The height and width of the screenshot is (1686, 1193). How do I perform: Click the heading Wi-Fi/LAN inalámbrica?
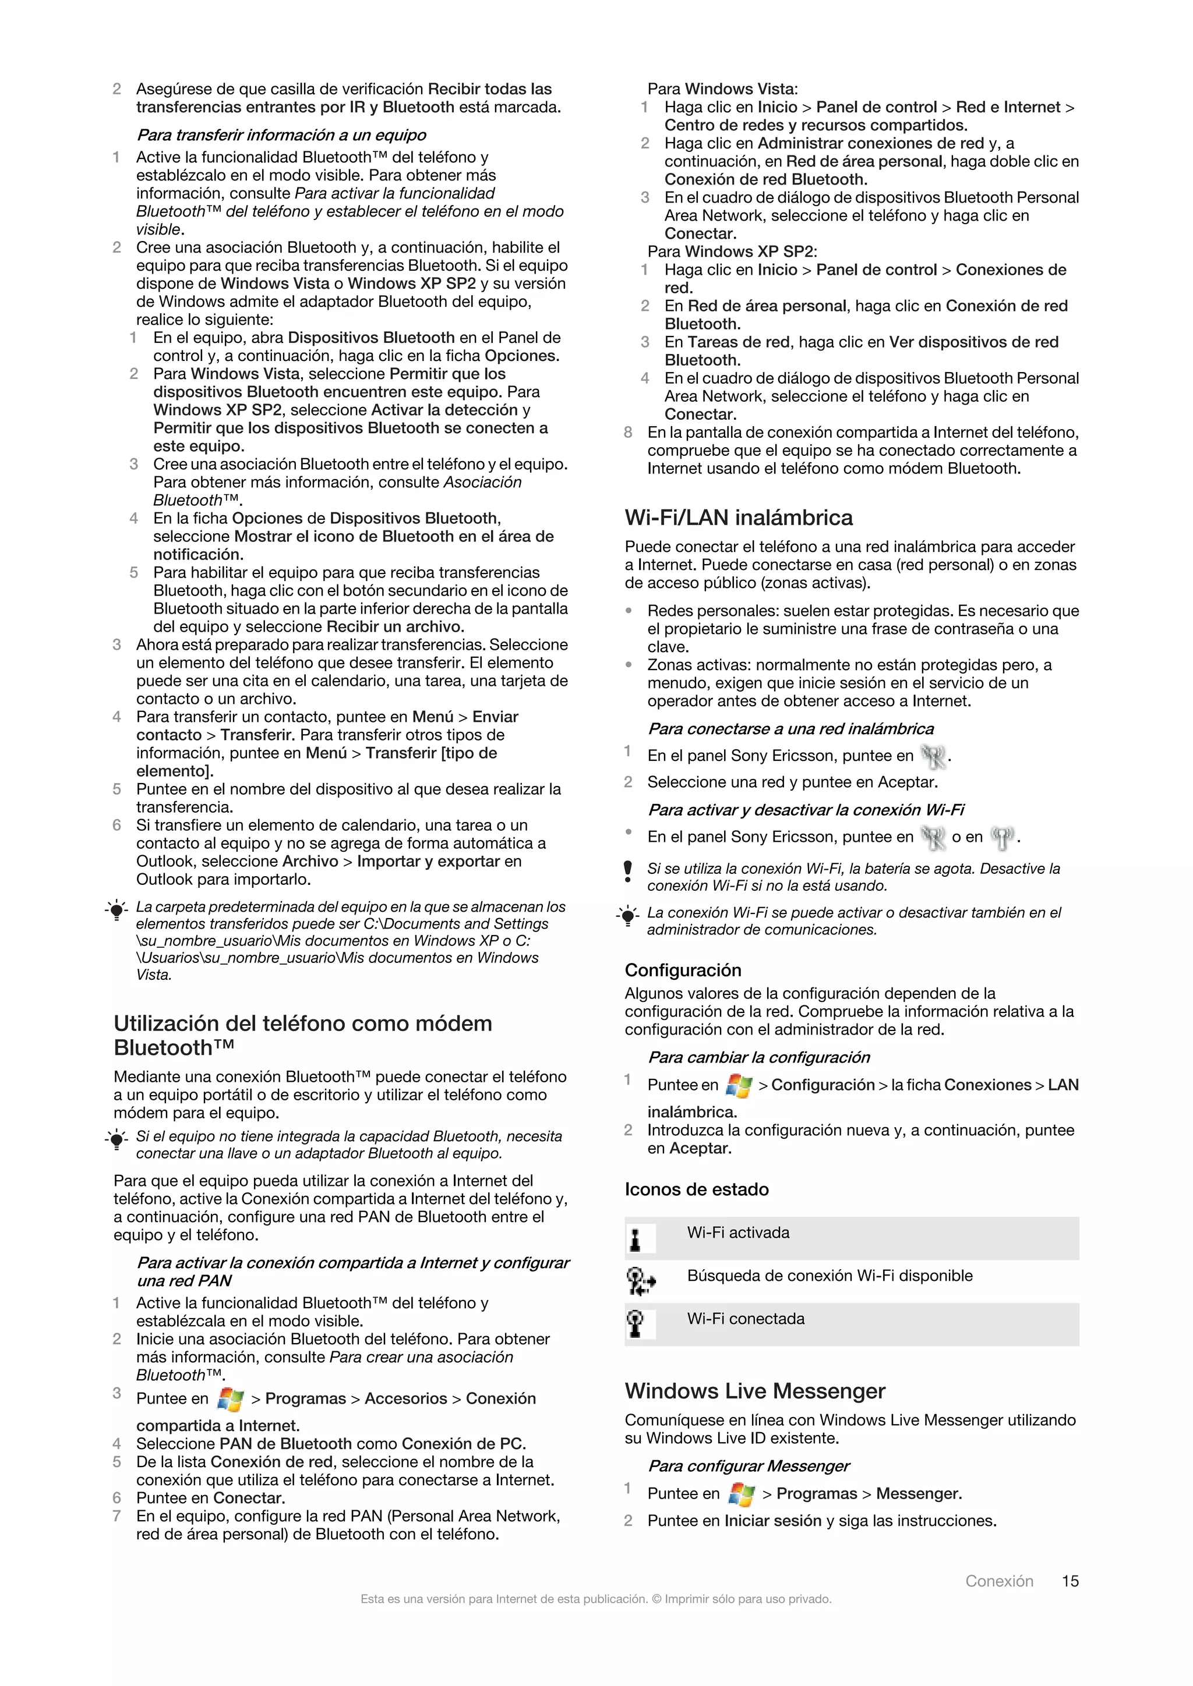pyautogui.click(x=738, y=518)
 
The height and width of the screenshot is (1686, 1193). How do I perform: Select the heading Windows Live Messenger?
pyautogui.click(x=754, y=1391)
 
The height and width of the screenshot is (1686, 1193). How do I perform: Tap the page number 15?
pyautogui.click(x=1070, y=1581)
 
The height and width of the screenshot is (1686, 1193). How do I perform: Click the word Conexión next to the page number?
pyautogui.click(x=998, y=1581)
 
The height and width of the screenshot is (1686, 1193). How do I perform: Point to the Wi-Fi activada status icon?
pyautogui.click(x=636, y=1240)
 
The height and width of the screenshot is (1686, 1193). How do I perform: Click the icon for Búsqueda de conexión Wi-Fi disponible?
pyautogui.click(x=639, y=1281)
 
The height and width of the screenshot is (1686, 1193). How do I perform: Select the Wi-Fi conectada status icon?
pyautogui.click(x=636, y=1324)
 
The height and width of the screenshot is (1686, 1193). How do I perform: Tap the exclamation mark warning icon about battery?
pyautogui.click(x=627, y=872)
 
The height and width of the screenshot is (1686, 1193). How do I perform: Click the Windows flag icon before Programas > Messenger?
pyautogui.click(x=740, y=1494)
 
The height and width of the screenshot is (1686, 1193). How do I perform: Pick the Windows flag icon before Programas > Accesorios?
pyautogui.click(x=231, y=1400)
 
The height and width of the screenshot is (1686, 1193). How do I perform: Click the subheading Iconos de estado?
pyautogui.click(x=697, y=1189)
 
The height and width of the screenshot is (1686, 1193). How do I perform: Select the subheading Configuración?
pyautogui.click(x=683, y=970)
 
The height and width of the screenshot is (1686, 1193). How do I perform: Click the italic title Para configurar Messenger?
pyautogui.click(x=748, y=1467)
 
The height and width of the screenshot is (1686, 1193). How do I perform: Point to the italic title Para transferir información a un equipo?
pyautogui.click(x=281, y=135)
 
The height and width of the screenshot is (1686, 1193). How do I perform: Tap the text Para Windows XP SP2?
pyautogui.click(x=732, y=252)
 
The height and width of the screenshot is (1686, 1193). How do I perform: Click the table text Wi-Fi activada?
pyautogui.click(x=737, y=1233)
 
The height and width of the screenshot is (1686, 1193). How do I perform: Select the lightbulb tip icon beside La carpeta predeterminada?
pyautogui.click(x=116, y=911)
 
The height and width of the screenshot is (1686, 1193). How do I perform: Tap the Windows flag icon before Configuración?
pyautogui.click(x=737, y=1085)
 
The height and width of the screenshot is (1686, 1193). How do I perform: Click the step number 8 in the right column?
pyautogui.click(x=628, y=433)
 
